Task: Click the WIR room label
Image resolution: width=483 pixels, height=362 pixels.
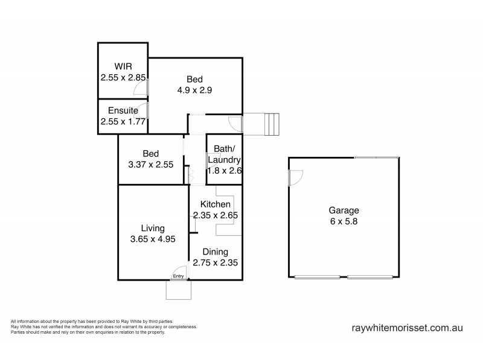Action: [123, 67]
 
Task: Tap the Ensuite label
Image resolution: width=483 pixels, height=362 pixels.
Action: [123, 110]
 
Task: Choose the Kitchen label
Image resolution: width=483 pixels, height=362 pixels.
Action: [216, 205]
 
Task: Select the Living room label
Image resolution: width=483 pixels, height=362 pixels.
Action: [153, 228]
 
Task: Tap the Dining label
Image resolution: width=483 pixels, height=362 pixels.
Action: [215, 252]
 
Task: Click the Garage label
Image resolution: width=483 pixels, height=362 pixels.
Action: [344, 211]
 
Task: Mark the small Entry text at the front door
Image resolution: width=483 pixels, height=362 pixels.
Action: [178, 276]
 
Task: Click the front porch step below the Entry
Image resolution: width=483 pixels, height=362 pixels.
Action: [179, 290]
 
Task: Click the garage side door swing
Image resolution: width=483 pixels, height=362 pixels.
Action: [295, 177]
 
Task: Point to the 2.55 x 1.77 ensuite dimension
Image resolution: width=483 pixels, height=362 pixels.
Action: [123, 121]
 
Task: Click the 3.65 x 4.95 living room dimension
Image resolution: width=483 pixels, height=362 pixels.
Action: [153, 239]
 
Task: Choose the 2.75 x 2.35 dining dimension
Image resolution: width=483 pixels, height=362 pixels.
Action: [215, 262]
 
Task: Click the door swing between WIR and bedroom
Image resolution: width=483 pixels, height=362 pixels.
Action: [141, 88]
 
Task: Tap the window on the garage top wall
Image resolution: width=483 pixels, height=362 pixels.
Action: [376, 157]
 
